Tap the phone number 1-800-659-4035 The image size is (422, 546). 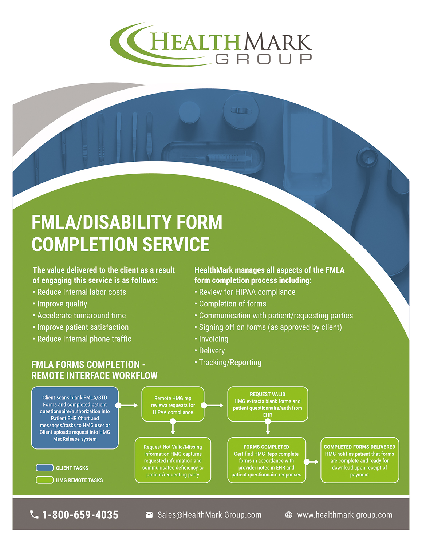[80, 515]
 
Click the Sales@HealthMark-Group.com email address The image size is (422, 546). [209, 515]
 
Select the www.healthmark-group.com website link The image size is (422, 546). [344, 515]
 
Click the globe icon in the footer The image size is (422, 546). [289, 515]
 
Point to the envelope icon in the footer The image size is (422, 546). [149, 515]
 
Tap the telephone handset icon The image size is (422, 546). [34, 514]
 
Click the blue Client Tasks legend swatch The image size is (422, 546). [44, 468]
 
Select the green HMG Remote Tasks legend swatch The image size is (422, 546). [44, 480]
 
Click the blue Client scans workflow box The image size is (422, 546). [75, 418]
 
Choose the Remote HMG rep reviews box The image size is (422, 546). [173, 405]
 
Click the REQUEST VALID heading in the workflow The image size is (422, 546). [268, 394]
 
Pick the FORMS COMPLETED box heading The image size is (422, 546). [266, 447]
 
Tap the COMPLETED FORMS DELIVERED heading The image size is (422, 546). [359, 447]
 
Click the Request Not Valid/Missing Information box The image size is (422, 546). [173, 460]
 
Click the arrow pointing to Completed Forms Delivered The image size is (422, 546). [312, 462]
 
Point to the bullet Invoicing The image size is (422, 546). [213, 339]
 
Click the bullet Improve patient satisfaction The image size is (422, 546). [83, 327]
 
